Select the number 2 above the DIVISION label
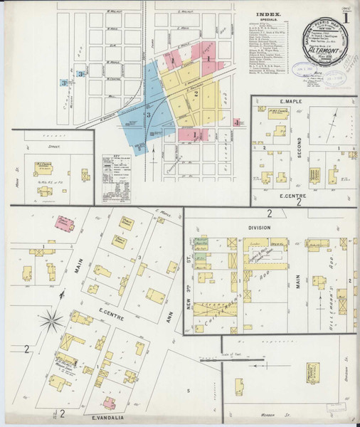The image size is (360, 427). coord(269,214)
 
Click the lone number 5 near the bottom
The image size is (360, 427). coord(189,390)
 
